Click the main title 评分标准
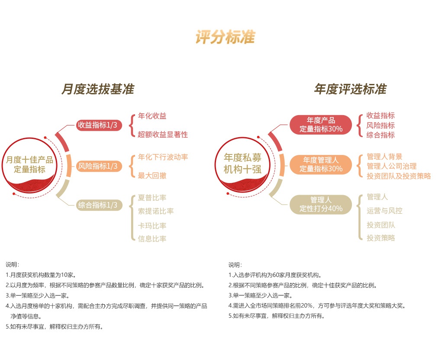(225, 38)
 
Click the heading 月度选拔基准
(98, 90)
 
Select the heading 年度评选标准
(350, 90)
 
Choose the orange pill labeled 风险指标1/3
(97, 166)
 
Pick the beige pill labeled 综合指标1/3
(97, 205)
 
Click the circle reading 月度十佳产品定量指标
(29, 165)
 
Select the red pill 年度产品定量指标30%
(321, 125)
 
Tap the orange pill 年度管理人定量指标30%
(321, 164)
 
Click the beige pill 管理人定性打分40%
(321, 204)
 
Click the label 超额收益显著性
(163, 135)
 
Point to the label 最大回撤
(152, 175)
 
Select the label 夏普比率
(152, 198)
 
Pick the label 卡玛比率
(152, 225)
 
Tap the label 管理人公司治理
(391, 166)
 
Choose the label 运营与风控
(384, 211)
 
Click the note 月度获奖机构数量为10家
(42, 275)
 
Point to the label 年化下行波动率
(163, 157)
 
